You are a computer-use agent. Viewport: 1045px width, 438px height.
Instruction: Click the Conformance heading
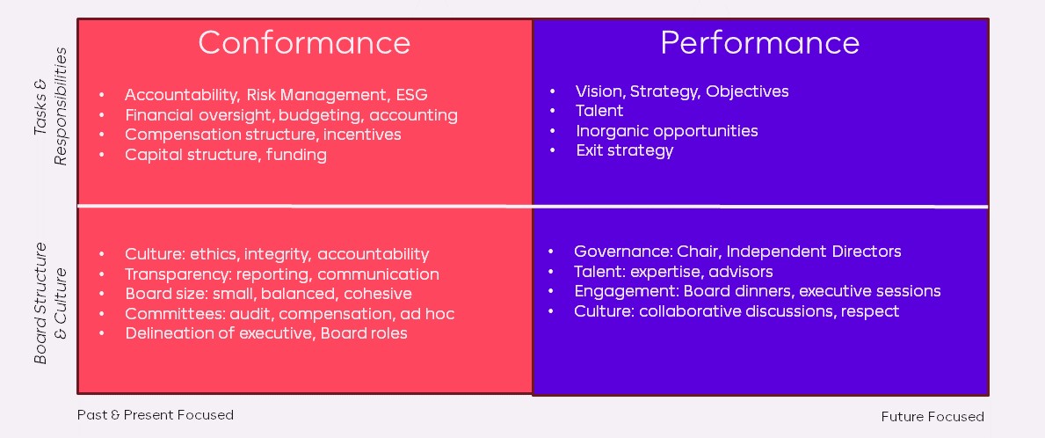pyautogui.click(x=304, y=43)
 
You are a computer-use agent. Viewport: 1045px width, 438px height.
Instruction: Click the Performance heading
pyautogui.click(x=759, y=43)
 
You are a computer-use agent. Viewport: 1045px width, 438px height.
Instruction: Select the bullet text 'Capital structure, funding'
pyautogui.click(x=225, y=156)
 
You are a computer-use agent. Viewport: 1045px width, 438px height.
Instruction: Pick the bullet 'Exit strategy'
pyautogui.click(x=625, y=150)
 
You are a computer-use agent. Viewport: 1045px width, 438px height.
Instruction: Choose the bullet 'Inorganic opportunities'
pyautogui.click(x=667, y=131)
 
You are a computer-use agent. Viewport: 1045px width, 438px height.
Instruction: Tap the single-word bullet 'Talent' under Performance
pyautogui.click(x=599, y=111)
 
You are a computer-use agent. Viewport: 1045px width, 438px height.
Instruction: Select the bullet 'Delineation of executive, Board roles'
pyautogui.click(x=266, y=333)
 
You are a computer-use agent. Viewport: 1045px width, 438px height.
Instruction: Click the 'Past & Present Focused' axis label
pyautogui.click(x=156, y=414)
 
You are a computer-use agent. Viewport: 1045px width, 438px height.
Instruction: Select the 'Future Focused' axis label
pyautogui.click(x=933, y=417)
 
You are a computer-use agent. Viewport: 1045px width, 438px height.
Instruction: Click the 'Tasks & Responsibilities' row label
pyautogui.click(x=51, y=106)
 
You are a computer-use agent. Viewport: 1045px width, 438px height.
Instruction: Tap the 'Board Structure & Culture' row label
pyautogui.click(x=51, y=303)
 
